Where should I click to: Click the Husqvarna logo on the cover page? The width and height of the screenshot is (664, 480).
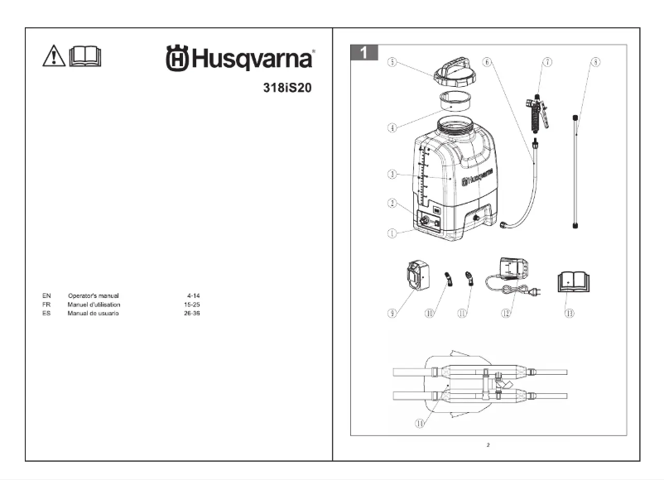tap(240, 59)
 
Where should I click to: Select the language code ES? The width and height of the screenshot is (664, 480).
tap(46, 313)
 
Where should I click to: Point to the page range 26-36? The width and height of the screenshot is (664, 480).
tap(193, 313)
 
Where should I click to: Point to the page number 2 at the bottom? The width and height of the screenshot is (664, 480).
tap(488, 445)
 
